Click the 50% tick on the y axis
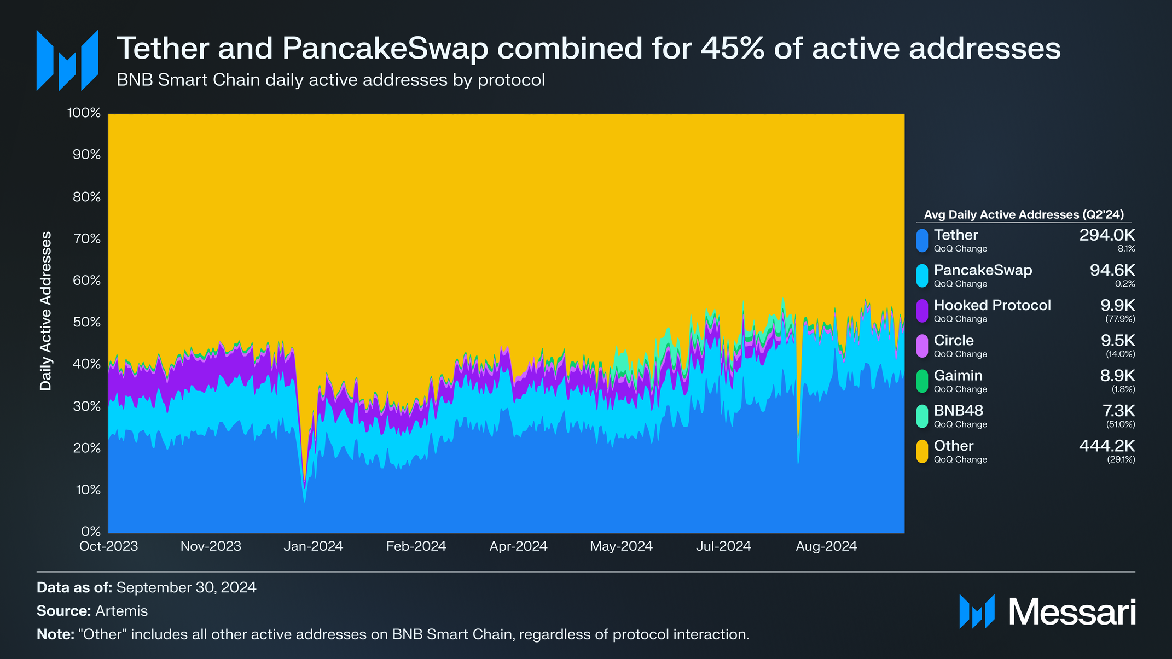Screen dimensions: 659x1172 86,322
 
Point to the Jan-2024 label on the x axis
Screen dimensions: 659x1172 313,546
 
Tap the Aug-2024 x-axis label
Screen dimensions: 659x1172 826,546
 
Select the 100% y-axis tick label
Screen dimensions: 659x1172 84,113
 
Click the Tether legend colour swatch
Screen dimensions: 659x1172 922,241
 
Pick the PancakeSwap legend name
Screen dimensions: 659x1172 983,270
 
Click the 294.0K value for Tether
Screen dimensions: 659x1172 1106,235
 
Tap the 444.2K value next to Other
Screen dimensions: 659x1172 1106,446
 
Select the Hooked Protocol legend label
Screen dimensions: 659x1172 992,305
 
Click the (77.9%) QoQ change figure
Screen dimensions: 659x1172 1120,319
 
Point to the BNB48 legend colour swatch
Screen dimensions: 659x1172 922,416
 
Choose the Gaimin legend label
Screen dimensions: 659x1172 958,376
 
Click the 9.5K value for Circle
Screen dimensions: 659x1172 1117,341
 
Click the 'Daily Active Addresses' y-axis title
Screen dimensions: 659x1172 46,311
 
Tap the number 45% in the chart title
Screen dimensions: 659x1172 733,48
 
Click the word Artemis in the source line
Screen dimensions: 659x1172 121,611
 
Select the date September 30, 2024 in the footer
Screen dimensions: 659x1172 186,587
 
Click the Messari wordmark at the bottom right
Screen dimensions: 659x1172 1072,612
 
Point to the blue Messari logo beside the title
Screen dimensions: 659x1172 67,60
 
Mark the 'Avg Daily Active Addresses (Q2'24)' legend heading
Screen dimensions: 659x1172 1024,215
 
